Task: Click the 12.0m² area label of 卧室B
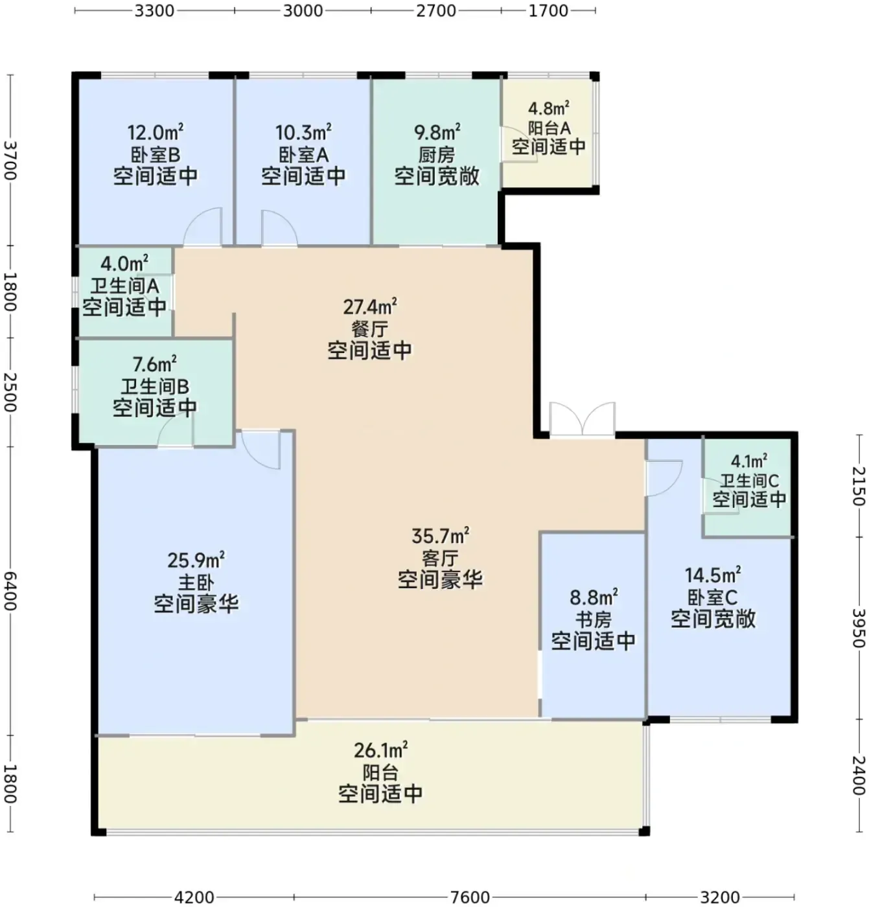coord(156,132)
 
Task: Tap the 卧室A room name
coord(303,155)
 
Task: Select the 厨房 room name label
coord(436,155)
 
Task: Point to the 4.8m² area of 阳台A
coord(548,109)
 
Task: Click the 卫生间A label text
coord(124,286)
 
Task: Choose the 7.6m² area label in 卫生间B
coord(154,363)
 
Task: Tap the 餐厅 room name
coord(370,329)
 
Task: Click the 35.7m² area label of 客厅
coord(440,536)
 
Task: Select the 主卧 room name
coord(196,582)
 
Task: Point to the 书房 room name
coord(593,619)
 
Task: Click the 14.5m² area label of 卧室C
coord(713,575)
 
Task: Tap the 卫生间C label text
coord(749,481)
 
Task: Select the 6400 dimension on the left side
coord(10,591)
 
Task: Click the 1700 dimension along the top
coord(548,10)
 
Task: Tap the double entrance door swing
coord(583,419)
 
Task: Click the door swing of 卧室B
coord(202,226)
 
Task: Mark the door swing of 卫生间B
coord(175,430)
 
